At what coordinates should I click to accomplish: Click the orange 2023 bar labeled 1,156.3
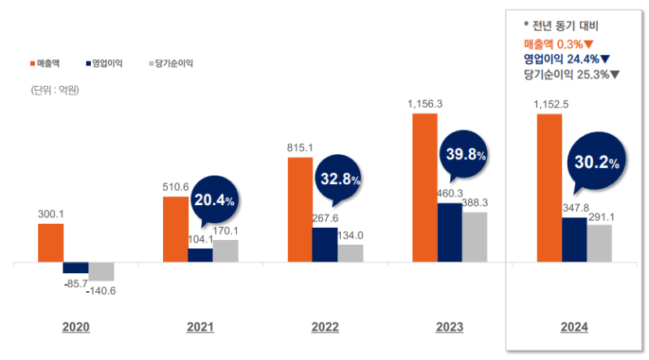coord(425,188)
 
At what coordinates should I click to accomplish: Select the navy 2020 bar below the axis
coord(75,268)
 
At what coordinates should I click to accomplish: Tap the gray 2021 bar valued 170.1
coord(226,251)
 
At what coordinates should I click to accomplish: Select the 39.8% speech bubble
coord(464,154)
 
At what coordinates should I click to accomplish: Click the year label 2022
coord(325,328)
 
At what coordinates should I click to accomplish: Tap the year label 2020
coord(75,328)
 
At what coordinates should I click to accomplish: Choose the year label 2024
coord(574,328)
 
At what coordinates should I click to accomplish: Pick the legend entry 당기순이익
coord(171,62)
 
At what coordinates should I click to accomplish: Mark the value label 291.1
coord(599,216)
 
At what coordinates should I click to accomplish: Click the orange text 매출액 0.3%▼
coord(559,43)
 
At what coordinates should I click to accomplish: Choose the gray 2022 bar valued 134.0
coord(350,253)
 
